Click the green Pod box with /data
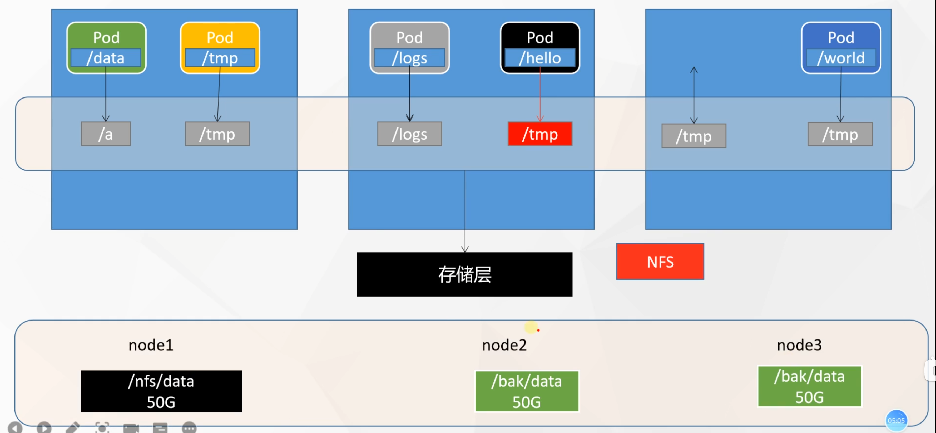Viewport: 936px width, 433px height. click(x=106, y=48)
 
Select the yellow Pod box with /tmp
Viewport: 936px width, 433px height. click(x=220, y=48)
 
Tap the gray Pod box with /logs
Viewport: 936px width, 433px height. click(x=409, y=48)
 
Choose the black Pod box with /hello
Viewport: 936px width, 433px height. click(x=540, y=48)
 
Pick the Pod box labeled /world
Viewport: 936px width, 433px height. click(x=841, y=48)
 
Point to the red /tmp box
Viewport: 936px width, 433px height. click(x=540, y=134)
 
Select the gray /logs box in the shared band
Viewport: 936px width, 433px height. click(x=409, y=134)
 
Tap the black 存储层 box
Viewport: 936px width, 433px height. click(x=464, y=274)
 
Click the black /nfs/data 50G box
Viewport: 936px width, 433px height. click(x=161, y=391)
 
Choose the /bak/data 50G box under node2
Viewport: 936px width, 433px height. click(x=527, y=391)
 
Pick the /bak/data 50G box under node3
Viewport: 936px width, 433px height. click(x=809, y=386)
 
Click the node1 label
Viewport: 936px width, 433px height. click(x=151, y=345)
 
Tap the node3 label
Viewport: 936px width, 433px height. click(x=799, y=345)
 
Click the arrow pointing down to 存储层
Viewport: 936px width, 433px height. click(x=465, y=211)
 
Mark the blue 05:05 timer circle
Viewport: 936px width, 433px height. click(x=896, y=420)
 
